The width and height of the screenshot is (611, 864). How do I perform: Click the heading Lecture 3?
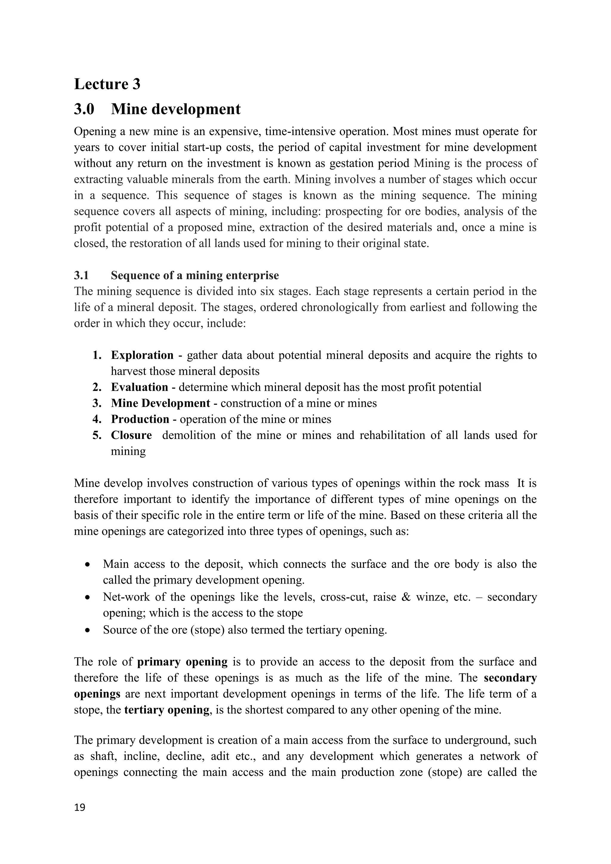pos(107,84)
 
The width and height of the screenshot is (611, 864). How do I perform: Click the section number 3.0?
pos(84,109)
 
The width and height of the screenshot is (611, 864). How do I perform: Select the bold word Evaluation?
pos(139,387)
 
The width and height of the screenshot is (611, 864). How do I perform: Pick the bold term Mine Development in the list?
pos(160,403)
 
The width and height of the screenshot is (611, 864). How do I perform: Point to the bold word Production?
pos(140,419)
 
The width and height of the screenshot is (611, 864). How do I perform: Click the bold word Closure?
pos(131,435)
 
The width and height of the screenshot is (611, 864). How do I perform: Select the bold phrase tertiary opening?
pos(166,710)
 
